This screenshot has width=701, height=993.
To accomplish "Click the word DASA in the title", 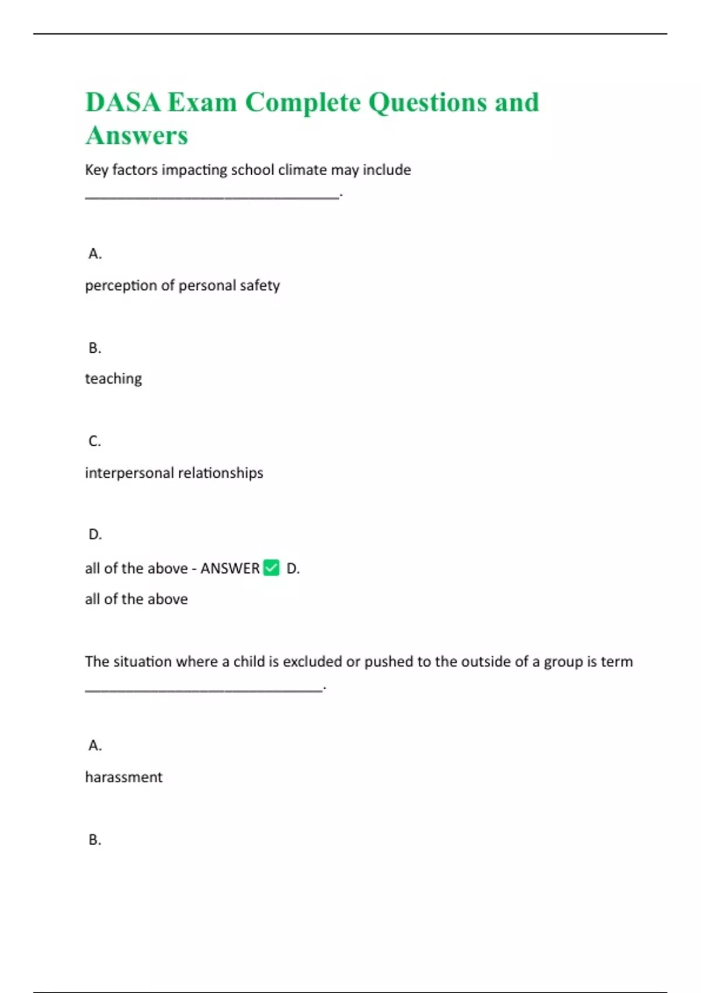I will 123,102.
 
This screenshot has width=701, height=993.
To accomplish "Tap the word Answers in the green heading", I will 137,136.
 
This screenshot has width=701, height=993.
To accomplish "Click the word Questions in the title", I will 428,102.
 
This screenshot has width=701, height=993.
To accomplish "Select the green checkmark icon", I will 272,568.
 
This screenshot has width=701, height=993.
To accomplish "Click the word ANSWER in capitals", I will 230,568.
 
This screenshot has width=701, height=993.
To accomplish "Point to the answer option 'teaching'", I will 113,379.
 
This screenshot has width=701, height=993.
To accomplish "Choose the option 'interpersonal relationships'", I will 174,473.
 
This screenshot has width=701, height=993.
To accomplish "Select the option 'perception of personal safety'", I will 182,285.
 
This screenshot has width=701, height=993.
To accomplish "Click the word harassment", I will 124,777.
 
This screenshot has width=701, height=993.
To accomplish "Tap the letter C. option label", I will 95,441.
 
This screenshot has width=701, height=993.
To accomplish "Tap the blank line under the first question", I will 211,197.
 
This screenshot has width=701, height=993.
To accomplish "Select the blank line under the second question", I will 203,690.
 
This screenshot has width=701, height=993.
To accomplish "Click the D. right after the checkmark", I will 293,568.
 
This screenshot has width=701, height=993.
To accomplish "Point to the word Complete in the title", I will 303,102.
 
